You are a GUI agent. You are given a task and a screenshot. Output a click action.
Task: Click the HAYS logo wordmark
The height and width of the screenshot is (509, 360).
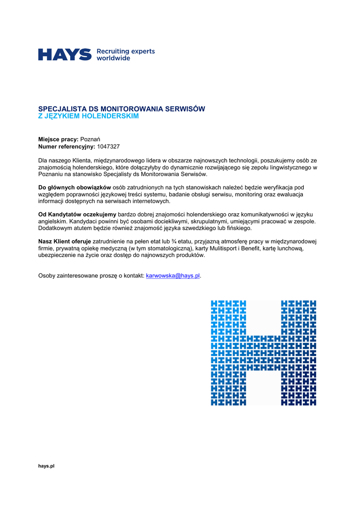(65, 55)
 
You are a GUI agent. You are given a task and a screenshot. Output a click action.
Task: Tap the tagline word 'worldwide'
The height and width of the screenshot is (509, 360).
(113, 58)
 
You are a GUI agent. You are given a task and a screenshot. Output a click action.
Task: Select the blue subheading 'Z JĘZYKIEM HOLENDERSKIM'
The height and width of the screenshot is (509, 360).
(89, 116)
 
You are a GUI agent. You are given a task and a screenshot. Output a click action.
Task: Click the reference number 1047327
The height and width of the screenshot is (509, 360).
(108, 147)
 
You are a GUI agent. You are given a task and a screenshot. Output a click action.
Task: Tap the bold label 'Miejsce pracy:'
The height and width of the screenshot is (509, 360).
(59, 139)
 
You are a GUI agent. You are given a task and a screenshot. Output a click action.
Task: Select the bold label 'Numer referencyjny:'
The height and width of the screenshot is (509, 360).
(67, 147)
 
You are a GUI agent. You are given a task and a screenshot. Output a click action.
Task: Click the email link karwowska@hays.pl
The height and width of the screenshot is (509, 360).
(173, 275)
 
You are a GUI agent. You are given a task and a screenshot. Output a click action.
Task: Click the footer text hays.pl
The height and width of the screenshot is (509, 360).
(46, 466)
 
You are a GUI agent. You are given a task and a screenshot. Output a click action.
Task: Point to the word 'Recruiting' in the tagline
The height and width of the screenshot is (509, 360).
(112, 51)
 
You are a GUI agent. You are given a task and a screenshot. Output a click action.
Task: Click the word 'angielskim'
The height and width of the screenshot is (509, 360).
(52, 221)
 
